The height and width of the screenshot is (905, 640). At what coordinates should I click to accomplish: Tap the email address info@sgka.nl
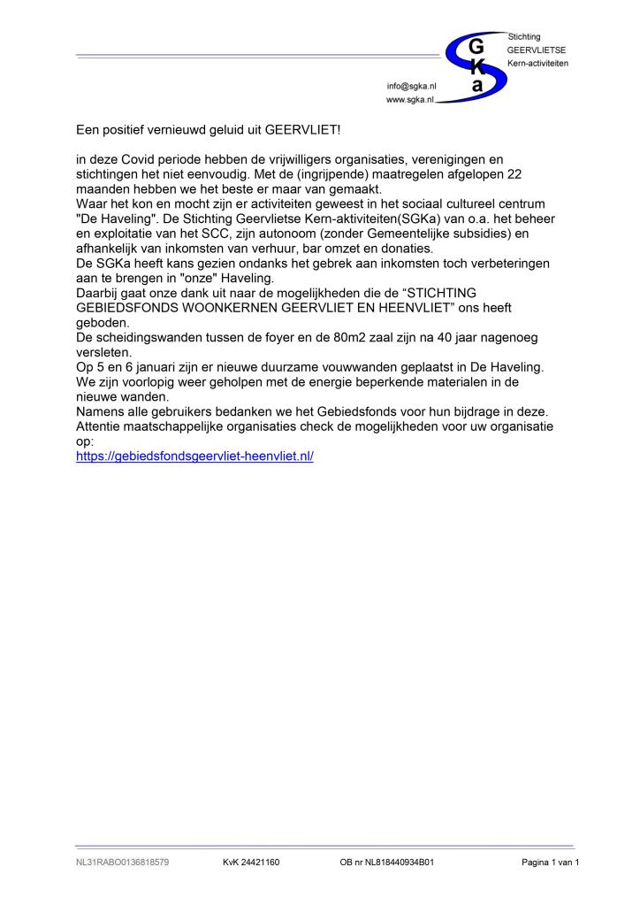411,86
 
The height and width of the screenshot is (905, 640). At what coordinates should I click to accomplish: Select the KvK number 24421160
251,863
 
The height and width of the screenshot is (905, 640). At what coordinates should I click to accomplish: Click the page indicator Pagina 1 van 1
550,863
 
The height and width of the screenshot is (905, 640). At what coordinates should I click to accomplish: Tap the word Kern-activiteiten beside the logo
537,64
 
